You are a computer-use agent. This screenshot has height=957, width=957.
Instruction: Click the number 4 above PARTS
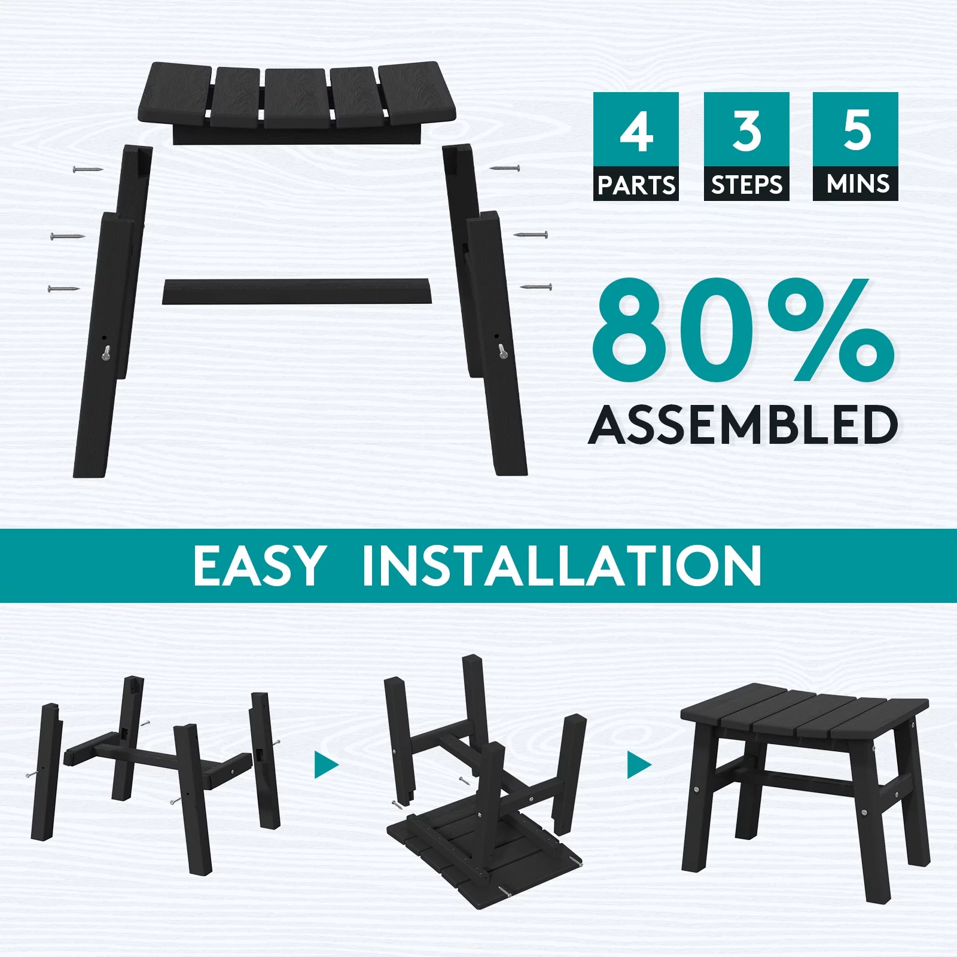click(636, 132)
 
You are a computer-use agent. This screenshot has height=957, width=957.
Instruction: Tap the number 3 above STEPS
click(746, 132)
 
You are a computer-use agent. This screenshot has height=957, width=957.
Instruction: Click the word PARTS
click(636, 185)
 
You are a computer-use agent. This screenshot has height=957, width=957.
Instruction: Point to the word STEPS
click(746, 185)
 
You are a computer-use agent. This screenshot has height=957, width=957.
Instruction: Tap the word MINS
click(857, 184)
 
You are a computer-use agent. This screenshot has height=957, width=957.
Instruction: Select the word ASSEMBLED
click(743, 424)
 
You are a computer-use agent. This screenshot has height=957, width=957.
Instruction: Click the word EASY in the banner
click(258, 565)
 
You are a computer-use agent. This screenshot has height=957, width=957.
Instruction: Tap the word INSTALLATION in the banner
click(562, 565)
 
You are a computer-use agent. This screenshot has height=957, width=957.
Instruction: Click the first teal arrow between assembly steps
click(326, 765)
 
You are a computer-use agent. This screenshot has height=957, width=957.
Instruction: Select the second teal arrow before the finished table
click(639, 765)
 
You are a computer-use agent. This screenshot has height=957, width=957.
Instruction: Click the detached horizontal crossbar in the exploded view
click(297, 291)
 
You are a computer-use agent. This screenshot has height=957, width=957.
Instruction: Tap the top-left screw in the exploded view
click(88, 169)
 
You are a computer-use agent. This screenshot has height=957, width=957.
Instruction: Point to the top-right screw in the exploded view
click(504, 169)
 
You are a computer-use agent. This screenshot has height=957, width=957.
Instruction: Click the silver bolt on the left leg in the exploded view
click(106, 353)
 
